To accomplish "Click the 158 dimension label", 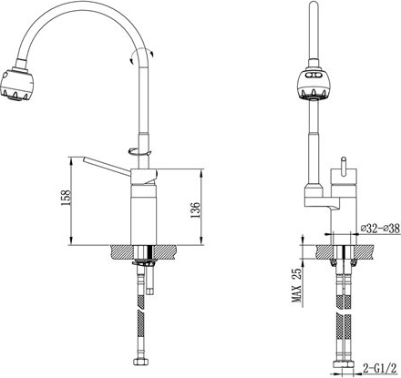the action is click(66, 198).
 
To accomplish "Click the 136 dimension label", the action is click(195, 209).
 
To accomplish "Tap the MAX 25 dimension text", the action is click(297, 285).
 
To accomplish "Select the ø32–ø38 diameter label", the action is click(380, 229).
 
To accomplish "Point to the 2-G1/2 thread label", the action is click(380, 369).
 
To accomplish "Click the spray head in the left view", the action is click(17, 83).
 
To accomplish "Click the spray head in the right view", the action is click(313, 84).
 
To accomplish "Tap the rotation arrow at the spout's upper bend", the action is click(141, 56).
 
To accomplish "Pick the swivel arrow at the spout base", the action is click(139, 151).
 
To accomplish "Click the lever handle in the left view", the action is click(107, 167).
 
